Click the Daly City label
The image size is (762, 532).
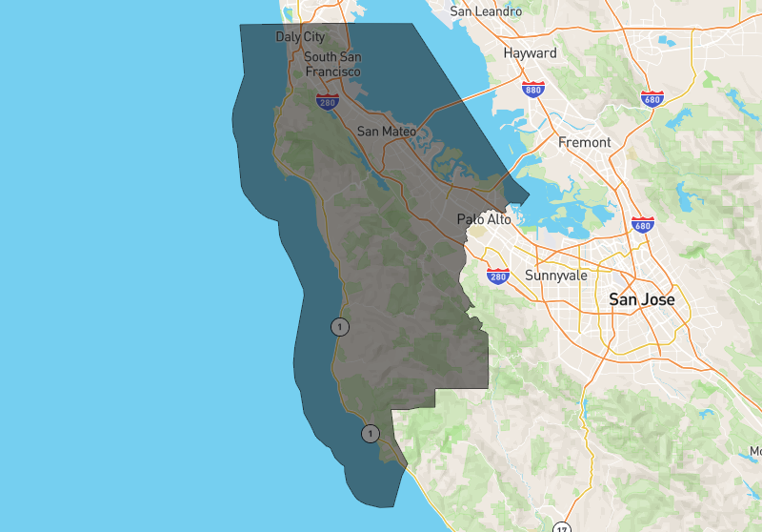coord(300,36)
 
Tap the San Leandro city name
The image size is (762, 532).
coord(486,11)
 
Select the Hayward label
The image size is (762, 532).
coord(530,53)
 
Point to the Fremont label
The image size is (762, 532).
coord(584,142)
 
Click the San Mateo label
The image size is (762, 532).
coord(386,131)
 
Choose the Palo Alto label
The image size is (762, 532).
coord(483,219)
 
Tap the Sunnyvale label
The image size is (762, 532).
coord(555,276)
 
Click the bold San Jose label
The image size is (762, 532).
coord(642,299)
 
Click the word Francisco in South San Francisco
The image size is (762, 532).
coord(332,72)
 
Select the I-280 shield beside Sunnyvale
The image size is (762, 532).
coord(498,276)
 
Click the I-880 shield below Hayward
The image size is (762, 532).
coord(533,90)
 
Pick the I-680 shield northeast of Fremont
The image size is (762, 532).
coord(652,98)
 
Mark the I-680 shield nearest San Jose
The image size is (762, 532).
coord(642,225)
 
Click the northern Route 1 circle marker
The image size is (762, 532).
coord(340,326)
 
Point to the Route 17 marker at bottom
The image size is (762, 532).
coord(562,527)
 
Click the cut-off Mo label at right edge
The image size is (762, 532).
coord(755,450)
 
